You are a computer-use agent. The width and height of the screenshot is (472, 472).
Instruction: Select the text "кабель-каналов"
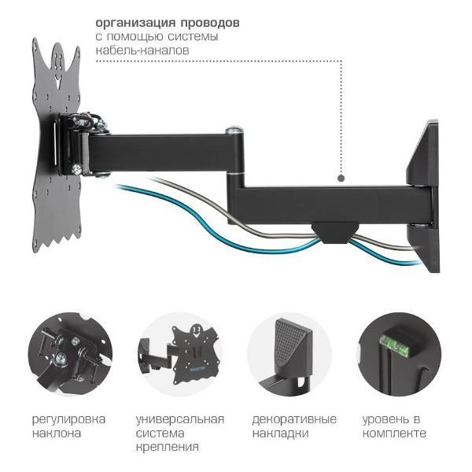(x=142, y=50)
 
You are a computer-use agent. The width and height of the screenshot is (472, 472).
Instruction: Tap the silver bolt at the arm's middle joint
(x=233, y=132)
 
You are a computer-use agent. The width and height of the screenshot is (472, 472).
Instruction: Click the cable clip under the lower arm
(x=331, y=231)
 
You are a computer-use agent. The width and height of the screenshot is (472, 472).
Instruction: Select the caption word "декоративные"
(x=294, y=419)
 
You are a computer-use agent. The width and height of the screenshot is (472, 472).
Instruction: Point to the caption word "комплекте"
(x=394, y=433)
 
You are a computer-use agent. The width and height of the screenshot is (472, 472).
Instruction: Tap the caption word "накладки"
(x=280, y=433)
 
